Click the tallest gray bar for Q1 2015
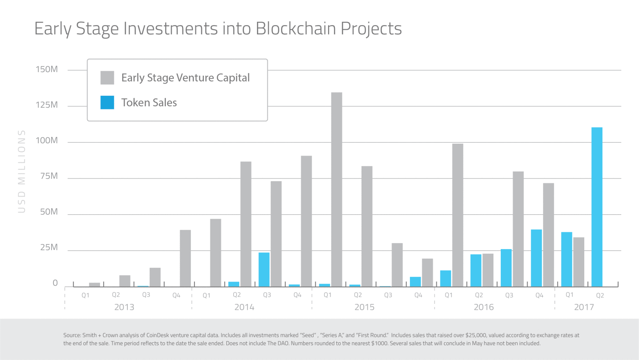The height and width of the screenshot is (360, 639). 336,189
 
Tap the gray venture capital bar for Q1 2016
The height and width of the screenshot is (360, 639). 457,215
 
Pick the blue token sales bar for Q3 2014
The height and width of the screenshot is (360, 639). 264,269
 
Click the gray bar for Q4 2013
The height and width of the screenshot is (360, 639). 185,258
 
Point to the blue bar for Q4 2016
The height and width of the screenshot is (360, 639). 536,258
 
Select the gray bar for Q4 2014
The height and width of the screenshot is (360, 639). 306,221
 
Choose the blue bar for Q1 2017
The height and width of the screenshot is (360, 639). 566,259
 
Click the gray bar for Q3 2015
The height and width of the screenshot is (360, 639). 397,265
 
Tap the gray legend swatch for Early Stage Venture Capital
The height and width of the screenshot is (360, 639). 107,78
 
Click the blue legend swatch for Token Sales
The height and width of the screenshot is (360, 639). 107,103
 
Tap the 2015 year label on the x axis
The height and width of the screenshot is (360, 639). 364,307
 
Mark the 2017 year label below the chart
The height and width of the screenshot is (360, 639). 584,307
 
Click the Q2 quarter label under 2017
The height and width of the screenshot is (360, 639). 600,295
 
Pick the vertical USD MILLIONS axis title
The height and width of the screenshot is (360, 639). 21,171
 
